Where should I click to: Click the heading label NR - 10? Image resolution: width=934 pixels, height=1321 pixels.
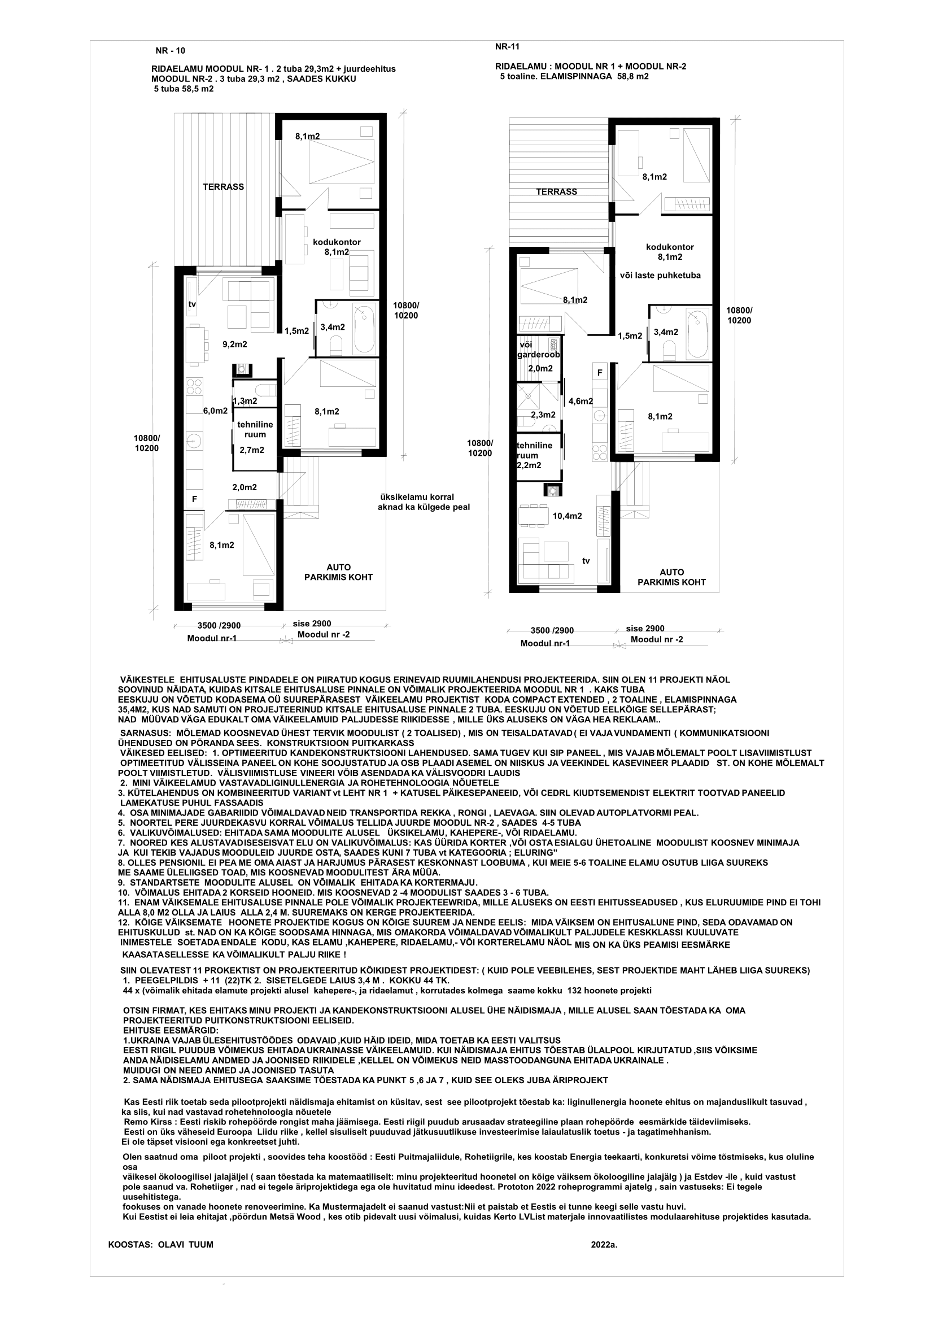(170, 51)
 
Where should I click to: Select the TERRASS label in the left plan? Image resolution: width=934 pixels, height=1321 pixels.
(223, 186)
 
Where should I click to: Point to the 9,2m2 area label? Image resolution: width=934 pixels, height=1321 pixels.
(235, 345)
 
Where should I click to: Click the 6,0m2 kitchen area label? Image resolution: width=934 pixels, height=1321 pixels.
(215, 411)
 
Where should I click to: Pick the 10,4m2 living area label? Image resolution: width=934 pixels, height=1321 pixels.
(567, 516)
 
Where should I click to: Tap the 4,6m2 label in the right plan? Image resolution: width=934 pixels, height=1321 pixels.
(581, 401)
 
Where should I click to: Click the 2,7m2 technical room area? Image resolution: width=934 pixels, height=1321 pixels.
(251, 450)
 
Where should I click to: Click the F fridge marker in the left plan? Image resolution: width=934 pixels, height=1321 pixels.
(194, 499)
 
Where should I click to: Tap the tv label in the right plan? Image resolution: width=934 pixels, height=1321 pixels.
(586, 560)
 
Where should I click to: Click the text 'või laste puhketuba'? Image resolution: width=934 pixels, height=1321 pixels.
(660, 275)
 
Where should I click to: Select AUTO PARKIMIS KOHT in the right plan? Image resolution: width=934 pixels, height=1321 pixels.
(672, 577)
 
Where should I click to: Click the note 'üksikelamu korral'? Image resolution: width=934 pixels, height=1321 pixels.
(417, 496)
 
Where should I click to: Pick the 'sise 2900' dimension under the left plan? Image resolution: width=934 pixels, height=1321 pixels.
(312, 623)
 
